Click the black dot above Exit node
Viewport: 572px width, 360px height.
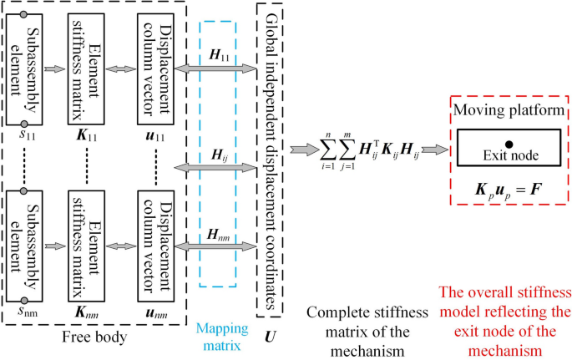tap(509, 145)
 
